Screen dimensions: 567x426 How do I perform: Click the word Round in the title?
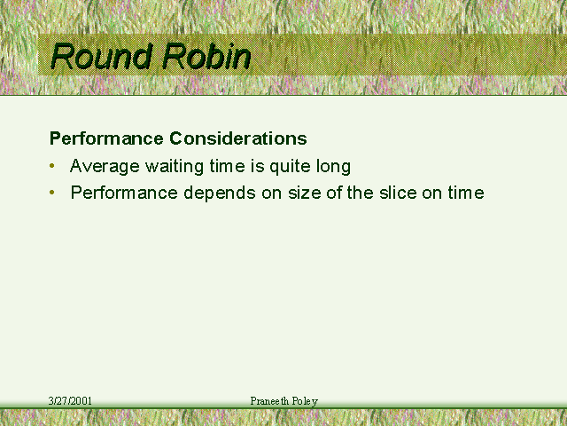click(x=100, y=56)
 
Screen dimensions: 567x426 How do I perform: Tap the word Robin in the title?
click(x=206, y=56)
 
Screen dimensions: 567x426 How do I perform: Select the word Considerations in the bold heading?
click(x=238, y=138)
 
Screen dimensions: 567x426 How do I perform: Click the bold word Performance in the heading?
click(x=106, y=138)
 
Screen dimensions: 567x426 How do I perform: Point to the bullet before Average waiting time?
click(x=52, y=166)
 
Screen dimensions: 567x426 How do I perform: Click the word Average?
click(x=105, y=166)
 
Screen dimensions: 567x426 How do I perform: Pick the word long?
click(x=333, y=166)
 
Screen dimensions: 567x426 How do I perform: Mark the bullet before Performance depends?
click(x=52, y=193)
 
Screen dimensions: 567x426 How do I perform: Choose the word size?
click(x=304, y=193)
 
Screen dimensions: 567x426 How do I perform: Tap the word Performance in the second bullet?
click(x=124, y=193)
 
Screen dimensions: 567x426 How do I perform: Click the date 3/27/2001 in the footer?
click(x=70, y=401)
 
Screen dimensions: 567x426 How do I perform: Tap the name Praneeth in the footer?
click(x=269, y=401)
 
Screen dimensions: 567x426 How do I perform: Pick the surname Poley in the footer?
click(x=305, y=401)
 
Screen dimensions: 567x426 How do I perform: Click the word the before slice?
click(x=361, y=193)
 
